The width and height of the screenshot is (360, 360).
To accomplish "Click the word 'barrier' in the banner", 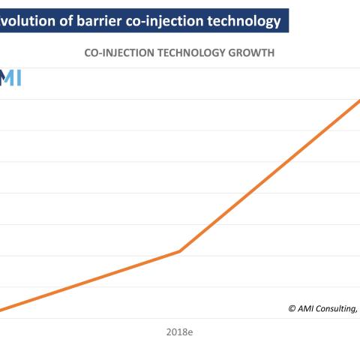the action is [x=99, y=21].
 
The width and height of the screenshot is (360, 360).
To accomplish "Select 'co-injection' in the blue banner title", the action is [x=164, y=22].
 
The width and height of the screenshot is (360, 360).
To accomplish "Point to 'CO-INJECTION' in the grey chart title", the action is [x=119, y=53].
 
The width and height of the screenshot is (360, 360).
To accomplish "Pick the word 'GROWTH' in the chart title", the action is [x=251, y=53].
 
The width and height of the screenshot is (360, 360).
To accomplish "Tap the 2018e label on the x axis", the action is [x=179, y=332].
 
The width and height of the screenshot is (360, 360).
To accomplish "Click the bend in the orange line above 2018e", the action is [x=179, y=251].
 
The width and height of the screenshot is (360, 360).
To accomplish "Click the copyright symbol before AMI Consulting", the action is [x=292, y=308].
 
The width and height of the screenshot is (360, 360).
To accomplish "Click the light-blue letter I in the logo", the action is [x=18, y=77].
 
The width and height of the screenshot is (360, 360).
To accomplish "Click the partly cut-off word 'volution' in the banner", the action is [x=28, y=21].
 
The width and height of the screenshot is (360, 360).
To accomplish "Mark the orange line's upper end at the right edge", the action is [x=359, y=100].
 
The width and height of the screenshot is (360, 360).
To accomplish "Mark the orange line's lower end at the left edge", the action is [x=1, y=310].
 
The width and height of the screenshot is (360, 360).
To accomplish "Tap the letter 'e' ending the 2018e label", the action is [x=190, y=333].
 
